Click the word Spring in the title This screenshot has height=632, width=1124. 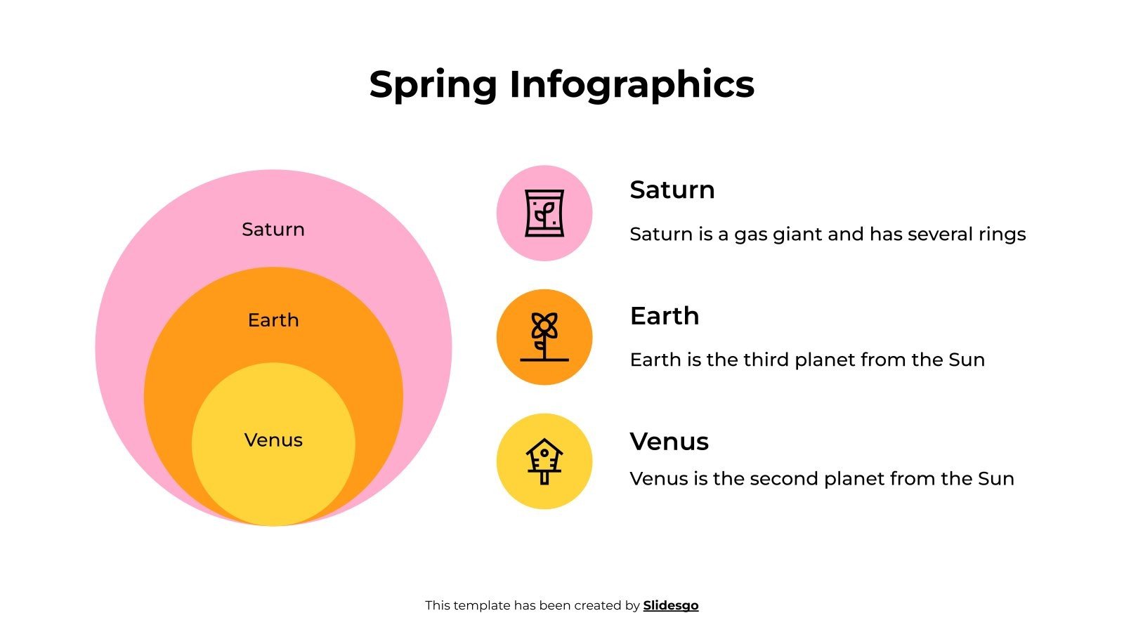click(433, 85)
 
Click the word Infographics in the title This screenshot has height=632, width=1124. click(632, 85)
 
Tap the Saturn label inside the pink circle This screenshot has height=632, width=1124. click(273, 230)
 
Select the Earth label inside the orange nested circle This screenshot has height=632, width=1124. click(273, 320)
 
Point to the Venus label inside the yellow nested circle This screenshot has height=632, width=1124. click(273, 440)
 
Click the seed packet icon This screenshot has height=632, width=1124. click(544, 213)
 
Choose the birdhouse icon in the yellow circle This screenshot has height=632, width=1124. click(544, 461)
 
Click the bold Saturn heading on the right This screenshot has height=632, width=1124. click(672, 190)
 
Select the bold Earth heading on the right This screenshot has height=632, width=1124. click(664, 316)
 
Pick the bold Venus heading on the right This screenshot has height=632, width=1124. click(669, 442)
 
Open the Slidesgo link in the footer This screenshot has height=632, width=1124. click(670, 605)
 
